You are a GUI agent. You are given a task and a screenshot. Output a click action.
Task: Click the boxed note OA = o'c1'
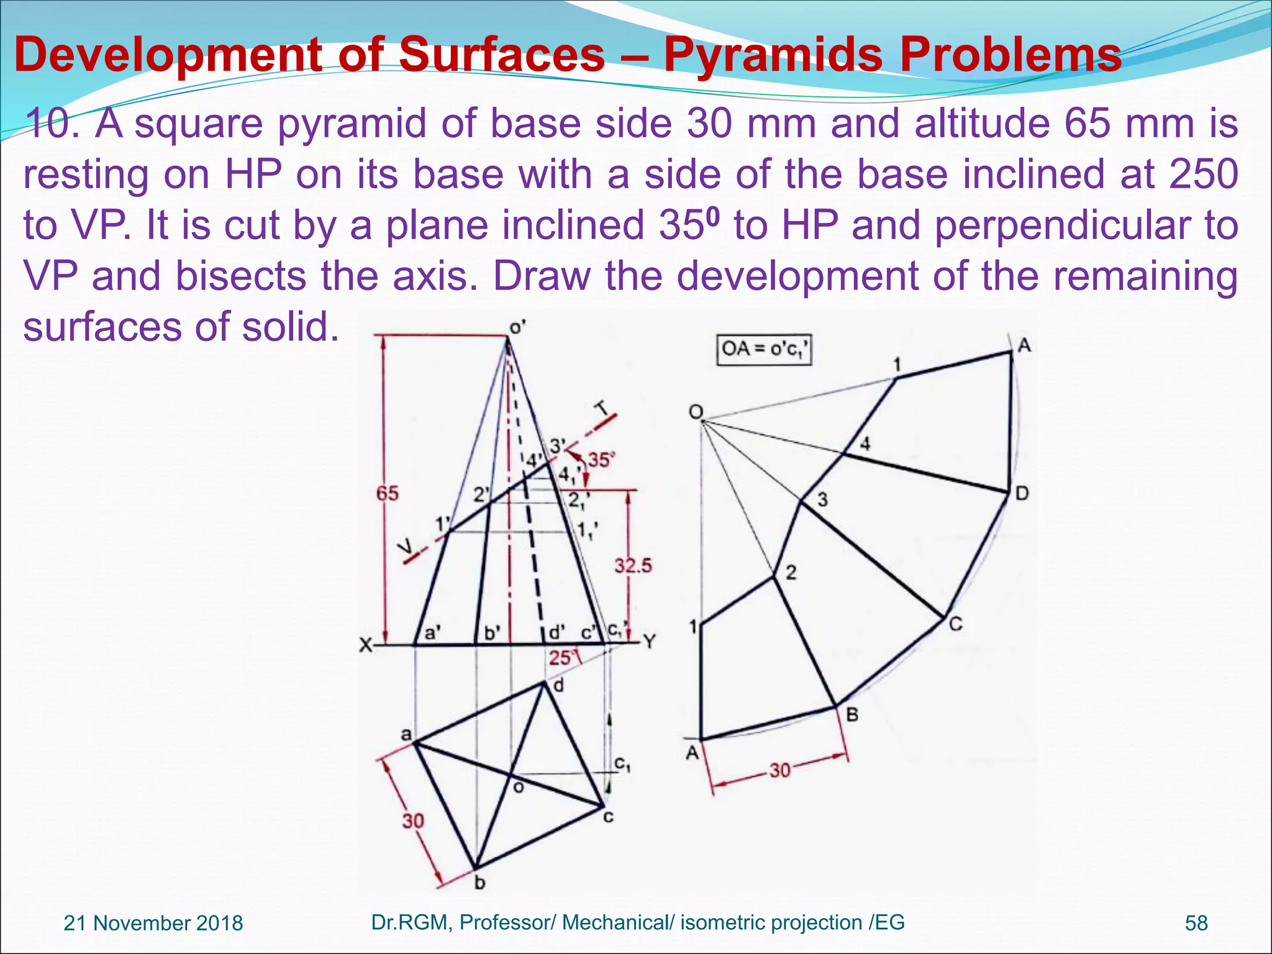(764, 350)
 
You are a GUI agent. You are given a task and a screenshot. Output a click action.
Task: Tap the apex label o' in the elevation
(517, 327)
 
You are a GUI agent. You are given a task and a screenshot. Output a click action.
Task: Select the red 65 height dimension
(388, 494)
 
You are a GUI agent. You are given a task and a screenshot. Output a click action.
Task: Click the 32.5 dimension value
(633, 565)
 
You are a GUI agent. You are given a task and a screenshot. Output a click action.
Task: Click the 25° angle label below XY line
(561, 658)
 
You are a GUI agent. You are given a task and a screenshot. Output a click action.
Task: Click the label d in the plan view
(558, 686)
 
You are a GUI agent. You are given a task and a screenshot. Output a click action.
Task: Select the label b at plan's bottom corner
(479, 883)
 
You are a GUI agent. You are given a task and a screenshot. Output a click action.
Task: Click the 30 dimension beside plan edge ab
(412, 821)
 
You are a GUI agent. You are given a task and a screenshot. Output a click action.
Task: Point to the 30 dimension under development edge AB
(780, 771)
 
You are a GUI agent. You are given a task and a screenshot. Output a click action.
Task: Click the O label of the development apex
(696, 412)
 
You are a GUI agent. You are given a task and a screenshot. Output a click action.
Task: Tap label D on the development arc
(1022, 494)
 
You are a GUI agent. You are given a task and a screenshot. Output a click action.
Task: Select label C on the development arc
(956, 624)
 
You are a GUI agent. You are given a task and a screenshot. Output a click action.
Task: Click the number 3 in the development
(822, 499)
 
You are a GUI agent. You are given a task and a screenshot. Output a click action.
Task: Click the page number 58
(1196, 923)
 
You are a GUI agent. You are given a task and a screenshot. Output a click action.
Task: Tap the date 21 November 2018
(153, 923)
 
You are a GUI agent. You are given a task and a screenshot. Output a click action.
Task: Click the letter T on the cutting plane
(601, 408)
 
